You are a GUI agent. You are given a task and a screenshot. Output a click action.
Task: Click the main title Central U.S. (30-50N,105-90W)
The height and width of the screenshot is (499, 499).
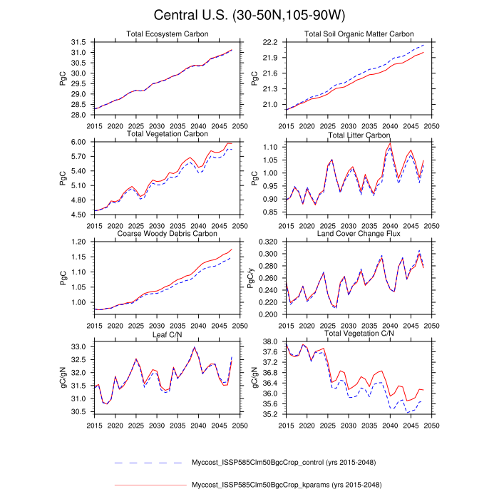pos(249,16)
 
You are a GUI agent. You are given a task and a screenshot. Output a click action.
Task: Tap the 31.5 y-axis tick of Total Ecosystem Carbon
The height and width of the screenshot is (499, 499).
pos(80,42)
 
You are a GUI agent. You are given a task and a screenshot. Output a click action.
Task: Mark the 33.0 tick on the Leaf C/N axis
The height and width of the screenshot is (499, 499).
pos(80,347)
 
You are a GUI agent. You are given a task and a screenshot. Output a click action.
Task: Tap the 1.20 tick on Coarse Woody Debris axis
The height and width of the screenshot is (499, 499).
pos(80,242)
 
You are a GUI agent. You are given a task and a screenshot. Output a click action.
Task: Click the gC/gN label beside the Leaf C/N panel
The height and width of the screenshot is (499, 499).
pos(63,377)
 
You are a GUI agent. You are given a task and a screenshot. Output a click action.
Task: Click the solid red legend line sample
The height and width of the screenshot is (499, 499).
pos(150,485)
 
